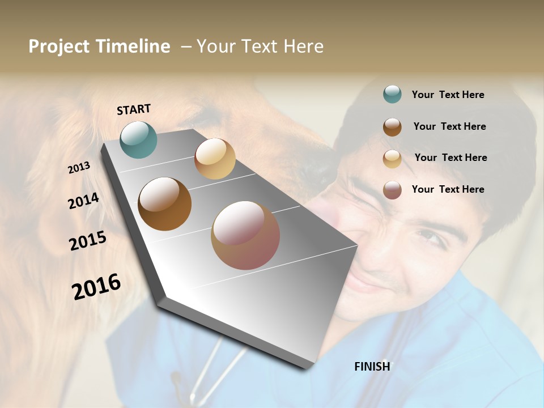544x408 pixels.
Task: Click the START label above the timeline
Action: tap(134, 109)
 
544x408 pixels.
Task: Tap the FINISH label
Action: tap(372, 367)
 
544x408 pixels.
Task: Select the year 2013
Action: tap(79, 168)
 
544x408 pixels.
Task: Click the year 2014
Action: tap(83, 201)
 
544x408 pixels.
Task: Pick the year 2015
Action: tap(88, 241)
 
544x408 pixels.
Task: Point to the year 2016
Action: tap(96, 286)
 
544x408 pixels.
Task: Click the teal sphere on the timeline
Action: tap(138, 139)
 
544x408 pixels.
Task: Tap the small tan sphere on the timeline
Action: tap(215, 159)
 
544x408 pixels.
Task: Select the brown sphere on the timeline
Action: tap(164, 204)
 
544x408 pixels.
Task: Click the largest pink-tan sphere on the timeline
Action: tap(245, 235)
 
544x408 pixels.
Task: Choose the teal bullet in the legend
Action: tap(392, 95)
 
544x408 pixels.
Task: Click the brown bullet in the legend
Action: tap(392, 127)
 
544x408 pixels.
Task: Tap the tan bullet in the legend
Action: tap(392, 159)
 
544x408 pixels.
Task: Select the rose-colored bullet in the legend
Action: tap(392, 190)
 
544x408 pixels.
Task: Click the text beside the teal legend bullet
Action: tap(448, 95)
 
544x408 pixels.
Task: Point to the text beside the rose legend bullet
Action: tap(448, 189)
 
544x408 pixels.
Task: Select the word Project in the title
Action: tap(59, 46)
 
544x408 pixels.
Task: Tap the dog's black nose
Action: tap(317, 170)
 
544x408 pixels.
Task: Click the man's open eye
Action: tap(431, 238)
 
